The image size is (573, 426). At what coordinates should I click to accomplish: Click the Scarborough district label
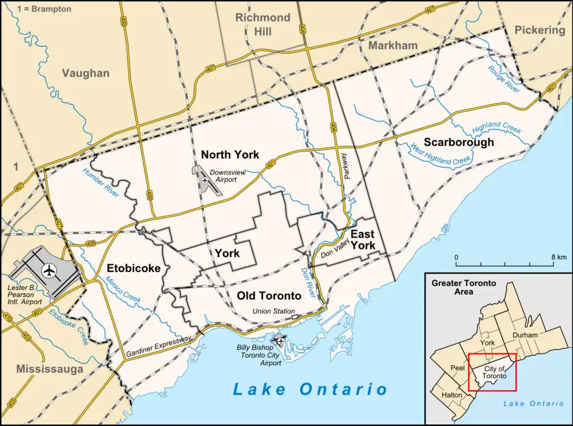(x=458, y=142)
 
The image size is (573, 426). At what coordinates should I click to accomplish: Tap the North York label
(x=230, y=155)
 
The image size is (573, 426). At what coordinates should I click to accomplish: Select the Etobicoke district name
(x=134, y=268)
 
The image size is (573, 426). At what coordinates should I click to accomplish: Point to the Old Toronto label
(x=269, y=295)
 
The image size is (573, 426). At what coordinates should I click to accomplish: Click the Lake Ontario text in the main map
(x=310, y=390)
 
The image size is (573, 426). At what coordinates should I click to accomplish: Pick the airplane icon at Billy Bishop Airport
(x=277, y=341)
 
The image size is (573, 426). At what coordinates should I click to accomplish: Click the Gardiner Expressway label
(x=159, y=347)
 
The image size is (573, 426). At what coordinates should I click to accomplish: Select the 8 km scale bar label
(x=559, y=257)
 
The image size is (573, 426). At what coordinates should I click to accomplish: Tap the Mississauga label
(x=50, y=369)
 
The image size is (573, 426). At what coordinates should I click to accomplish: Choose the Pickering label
(x=539, y=30)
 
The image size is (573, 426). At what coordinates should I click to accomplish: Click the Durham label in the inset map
(x=525, y=336)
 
